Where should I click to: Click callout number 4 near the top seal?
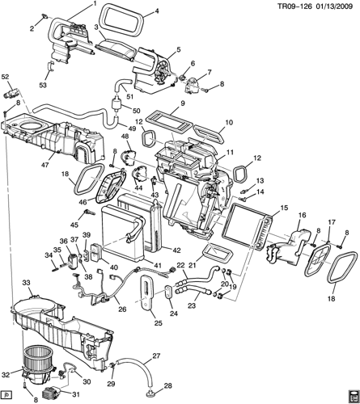(x=156, y=11)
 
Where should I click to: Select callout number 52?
(x=5, y=77)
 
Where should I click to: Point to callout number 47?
(x=44, y=165)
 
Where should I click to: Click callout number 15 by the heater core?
(x=284, y=208)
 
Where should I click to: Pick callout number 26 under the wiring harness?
(x=122, y=309)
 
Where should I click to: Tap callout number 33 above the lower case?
(x=26, y=283)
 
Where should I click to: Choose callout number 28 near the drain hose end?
(x=167, y=385)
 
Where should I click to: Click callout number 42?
(x=176, y=250)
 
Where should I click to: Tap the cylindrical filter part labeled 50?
(x=116, y=103)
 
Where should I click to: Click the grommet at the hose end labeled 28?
(x=149, y=393)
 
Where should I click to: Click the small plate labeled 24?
(x=168, y=292)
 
